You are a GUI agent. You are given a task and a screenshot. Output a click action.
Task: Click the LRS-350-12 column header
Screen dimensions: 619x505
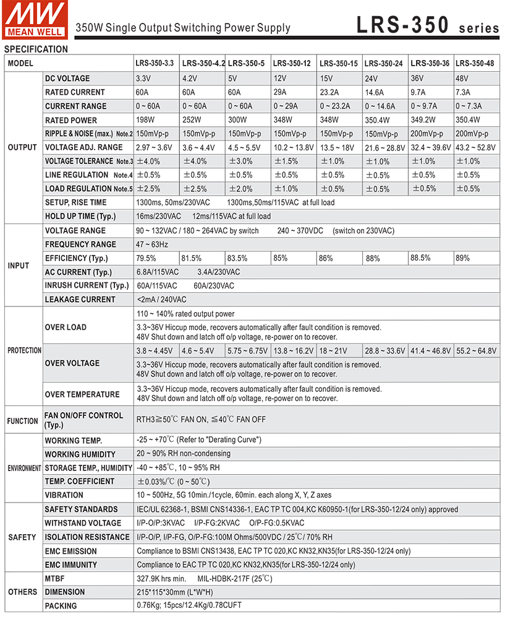pos(292,63)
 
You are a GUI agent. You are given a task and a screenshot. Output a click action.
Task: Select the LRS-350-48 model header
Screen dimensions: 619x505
pos(475,63)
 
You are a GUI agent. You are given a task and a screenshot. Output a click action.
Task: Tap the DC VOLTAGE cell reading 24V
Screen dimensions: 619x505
pos(371,79)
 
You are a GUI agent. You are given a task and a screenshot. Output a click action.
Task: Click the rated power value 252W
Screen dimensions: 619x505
pos(192,120)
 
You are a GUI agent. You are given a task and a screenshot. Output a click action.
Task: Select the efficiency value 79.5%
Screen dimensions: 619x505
pos(146,258)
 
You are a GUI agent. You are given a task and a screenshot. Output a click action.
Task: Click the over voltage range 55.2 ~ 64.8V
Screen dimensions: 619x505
pos(477,351)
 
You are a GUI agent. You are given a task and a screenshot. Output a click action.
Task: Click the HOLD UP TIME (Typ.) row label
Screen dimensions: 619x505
pos(80,217)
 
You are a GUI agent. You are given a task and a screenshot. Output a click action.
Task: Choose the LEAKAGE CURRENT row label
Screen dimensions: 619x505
pos(80,300)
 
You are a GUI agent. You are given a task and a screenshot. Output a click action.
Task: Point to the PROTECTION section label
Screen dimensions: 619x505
pos(24,350)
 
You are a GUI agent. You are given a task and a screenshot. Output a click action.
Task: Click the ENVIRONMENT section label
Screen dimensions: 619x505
pos(24,469)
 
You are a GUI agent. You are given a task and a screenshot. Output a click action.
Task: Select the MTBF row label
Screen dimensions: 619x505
pos(56,579)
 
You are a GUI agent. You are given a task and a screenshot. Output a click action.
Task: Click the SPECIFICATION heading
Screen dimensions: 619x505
pos(36,50)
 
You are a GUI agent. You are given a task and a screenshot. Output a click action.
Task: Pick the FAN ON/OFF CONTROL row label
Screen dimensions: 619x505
pos(83,420)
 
